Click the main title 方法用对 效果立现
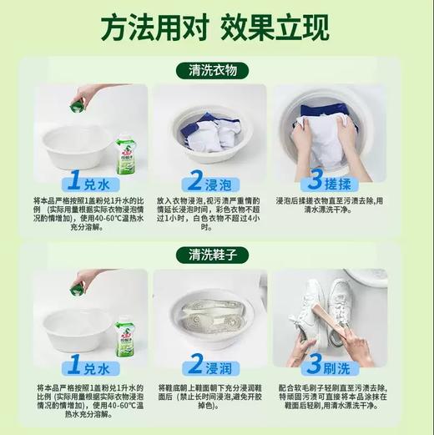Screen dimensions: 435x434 coord(217,31)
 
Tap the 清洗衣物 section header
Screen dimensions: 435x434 coord(217,71)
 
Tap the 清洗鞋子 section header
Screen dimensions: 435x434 coord(217,254)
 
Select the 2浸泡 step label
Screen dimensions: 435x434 coord(216,180)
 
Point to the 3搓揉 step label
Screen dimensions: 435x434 coord(338,180)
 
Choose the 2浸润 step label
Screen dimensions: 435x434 coord(216,366)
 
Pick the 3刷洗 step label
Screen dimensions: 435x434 coord(338,366)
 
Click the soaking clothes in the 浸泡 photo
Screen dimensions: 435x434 coord(213,134)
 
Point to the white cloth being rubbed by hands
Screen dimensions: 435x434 coord(325,134)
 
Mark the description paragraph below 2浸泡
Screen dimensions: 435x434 coord(216,212)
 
